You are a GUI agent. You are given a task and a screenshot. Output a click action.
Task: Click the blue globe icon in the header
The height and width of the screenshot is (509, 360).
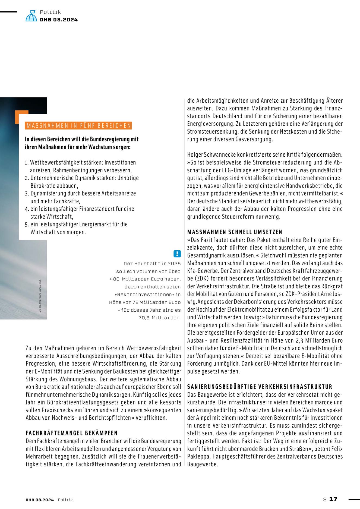click(x=31, y=16)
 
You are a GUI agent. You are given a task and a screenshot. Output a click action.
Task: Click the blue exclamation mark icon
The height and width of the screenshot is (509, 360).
click(x=177, y=254)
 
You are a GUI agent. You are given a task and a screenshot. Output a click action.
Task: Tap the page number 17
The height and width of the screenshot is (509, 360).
click(x=333, y=499)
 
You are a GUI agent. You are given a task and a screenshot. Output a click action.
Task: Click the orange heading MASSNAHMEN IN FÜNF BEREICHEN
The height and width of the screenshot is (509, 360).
click(x=79, y=126)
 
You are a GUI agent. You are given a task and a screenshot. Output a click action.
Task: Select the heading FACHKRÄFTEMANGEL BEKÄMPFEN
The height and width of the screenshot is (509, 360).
click(x=72, y=433)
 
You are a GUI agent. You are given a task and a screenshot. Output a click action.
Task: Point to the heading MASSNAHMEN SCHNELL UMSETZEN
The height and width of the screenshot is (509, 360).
click(x=235, y=232)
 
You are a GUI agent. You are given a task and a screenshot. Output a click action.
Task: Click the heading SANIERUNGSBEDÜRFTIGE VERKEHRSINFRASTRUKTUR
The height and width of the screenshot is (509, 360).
click(x=260, y=387)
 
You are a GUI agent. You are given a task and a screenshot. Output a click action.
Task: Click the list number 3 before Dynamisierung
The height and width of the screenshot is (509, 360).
click(x=27, y=194)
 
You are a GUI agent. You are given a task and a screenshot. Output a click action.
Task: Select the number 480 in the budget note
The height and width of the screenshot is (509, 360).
click(x=115, y=279)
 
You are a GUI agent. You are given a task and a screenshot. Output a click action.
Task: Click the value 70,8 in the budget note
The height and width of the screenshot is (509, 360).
click(x=144, y=318)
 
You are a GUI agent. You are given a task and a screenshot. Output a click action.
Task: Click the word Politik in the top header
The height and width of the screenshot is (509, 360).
click(x=50, y=12)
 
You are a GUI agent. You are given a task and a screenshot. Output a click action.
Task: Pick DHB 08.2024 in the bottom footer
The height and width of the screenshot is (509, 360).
click(x=40, y=500)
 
